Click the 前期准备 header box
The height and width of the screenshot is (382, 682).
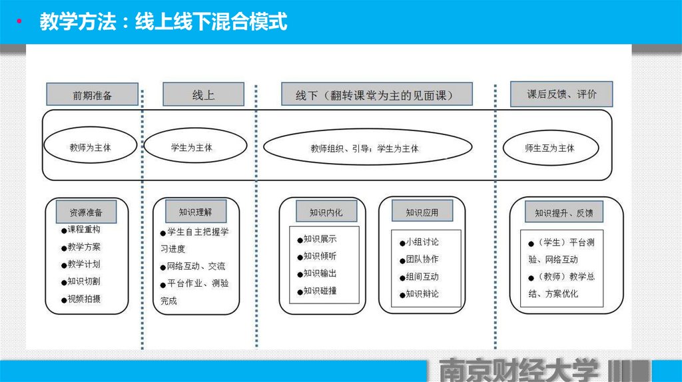click(92, 95)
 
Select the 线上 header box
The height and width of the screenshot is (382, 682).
click(202, 94)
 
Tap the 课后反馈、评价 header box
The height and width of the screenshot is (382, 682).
click(561, 94)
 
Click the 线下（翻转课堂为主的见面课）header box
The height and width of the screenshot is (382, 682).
click(376, 95)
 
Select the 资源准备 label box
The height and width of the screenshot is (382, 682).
click(87, 212)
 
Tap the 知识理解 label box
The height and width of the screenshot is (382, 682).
click(195, 212)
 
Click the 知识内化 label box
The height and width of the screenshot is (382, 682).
click(326, 212)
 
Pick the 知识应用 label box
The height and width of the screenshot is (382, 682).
click(422, 212)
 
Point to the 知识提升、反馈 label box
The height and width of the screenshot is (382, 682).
click(563, 213)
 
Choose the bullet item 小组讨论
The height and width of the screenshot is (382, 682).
click(422, 242)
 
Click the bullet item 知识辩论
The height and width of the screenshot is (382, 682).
click(422, 293)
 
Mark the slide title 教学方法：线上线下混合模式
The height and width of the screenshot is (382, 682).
click(163, 22)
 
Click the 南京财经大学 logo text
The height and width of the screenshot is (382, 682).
click(519, 371)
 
